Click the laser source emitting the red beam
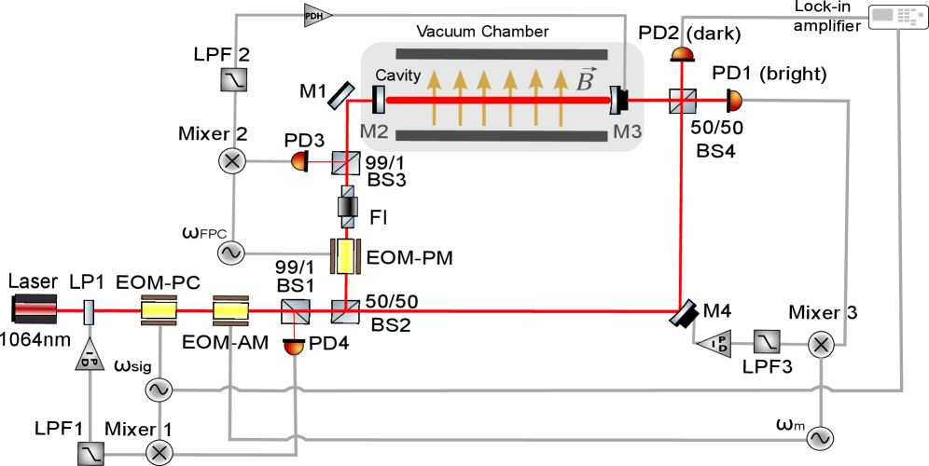[35, 309]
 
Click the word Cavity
[398, 75]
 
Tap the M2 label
[374, 132]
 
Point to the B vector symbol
[585, 81]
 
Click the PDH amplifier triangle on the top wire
[317, 15]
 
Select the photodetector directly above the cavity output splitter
[683, 53]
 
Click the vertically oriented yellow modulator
[346, 255]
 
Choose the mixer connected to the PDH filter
[231, 161]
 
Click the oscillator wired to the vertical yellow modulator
[230, 253]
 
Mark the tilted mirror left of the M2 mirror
[341, 94]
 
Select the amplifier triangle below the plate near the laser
[90, 354]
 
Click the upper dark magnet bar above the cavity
[502, 54]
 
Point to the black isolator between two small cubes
[347, 206]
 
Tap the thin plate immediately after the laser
[90, 310]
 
